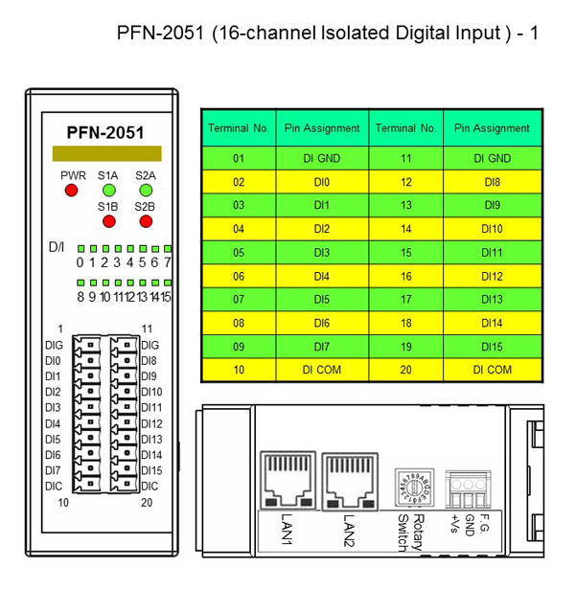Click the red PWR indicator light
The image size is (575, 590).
71,191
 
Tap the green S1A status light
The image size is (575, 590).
109,191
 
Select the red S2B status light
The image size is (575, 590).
146,221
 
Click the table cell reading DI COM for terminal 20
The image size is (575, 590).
493,370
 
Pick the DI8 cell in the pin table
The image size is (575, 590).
493,182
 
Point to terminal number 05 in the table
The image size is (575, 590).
239,253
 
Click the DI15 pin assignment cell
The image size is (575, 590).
493,347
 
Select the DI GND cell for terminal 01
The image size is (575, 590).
322,158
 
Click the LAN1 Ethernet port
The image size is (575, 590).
287,481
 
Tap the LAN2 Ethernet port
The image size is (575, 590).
350,481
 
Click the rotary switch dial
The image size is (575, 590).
414,488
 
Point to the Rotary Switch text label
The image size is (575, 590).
411,533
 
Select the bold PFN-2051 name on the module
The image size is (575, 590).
105,132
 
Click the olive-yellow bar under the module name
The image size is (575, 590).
107,153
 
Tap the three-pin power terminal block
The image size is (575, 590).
468,489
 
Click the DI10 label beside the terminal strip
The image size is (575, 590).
151,392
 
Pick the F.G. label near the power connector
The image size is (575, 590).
484,523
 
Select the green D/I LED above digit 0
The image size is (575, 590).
80,249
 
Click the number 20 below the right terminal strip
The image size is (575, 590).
147,502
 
